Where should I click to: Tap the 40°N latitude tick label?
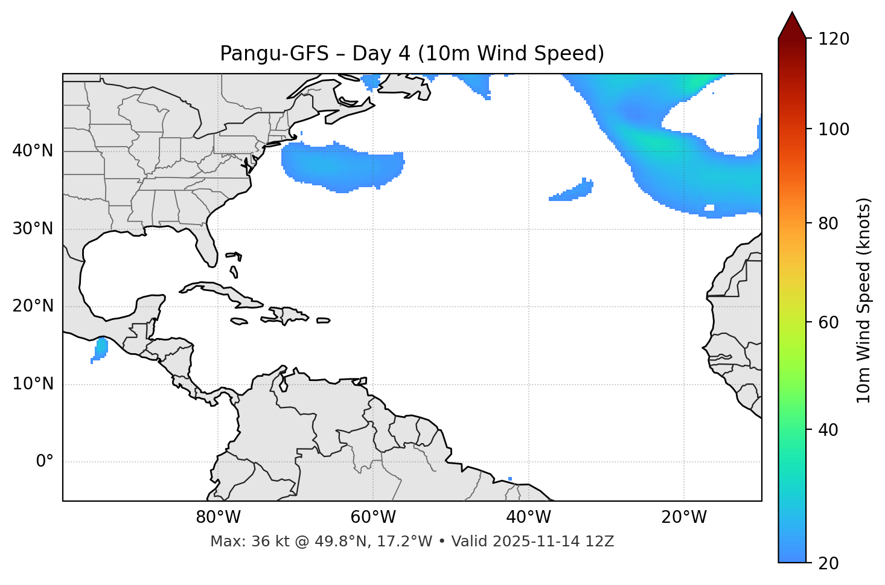(x=33, y=151)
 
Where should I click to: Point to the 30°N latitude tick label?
(x=33, y=229)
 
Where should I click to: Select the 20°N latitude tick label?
(x=33, y=306)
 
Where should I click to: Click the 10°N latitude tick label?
(x=33, y=384)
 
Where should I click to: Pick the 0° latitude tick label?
(x=45, y=462)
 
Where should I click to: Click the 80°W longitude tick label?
(x=218, y=517)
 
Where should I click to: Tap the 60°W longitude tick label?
(x=373, y=517)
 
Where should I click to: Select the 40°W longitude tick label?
(x=528, y=517)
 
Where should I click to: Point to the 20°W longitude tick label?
(x=683, y=517)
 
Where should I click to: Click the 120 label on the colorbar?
(x=835, y=39)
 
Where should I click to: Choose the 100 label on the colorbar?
(x=835, y=129)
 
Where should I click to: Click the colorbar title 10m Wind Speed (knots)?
(x=864, y=300)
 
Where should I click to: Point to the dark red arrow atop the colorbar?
(x=792, y=25)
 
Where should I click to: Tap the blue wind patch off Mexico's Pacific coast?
(x=100, y=349)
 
